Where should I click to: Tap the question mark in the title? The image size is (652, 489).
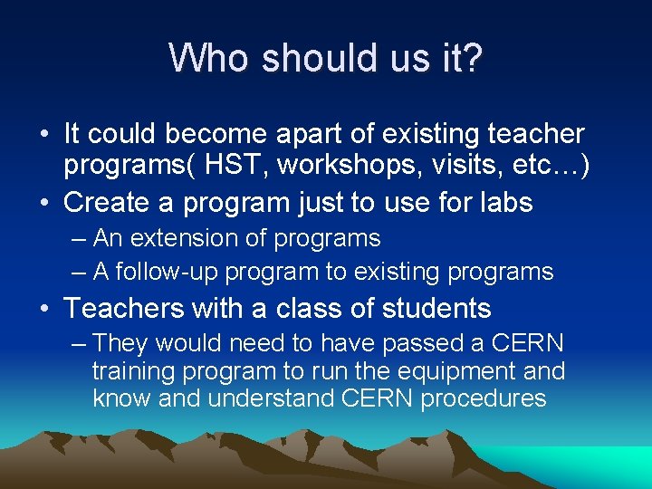pyautogui.click(x=474, y=58)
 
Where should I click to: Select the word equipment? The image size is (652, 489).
pyautogui.click(x=459, y=371)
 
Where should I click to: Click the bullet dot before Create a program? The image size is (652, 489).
pyautogui.click(x=44, y=203)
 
